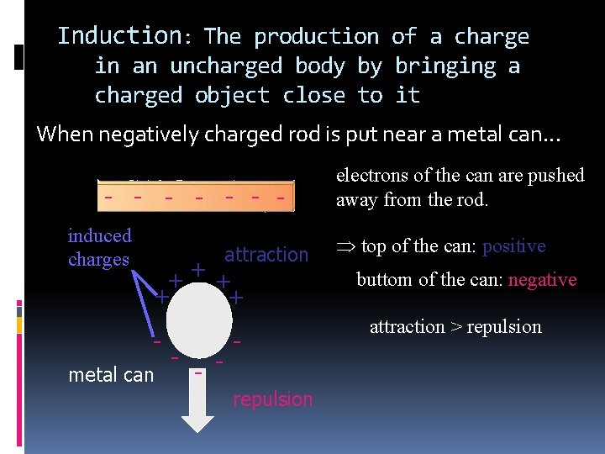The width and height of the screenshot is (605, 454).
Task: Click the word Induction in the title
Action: pyautogui.click(x=118, y=36)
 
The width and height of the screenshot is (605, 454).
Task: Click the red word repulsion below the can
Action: pyautogui.click(x=272, y=399)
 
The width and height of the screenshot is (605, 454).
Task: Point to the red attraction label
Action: pyautogui.click(x=266, y=254)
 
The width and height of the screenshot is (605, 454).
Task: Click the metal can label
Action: pyautogui.click(x=111, y=374)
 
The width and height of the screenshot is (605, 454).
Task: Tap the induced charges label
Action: pyautogui.click(x=99, y=247)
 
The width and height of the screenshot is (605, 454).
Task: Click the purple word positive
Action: pyautogui.click(x=514, y=246)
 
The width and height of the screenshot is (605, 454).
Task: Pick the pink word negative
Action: pyautogui.click(x=542, y=280)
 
